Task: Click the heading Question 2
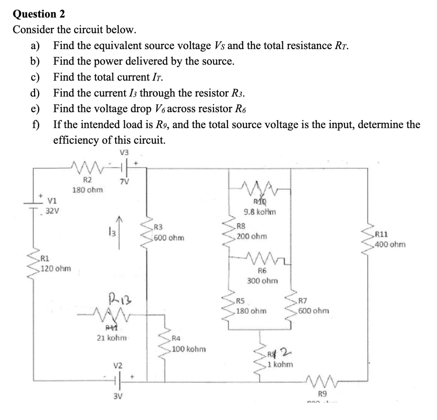point(39,14)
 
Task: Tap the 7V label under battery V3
point(124,182)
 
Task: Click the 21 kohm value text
point(111,338)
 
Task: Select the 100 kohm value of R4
point(189,349)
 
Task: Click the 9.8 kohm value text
point(259,212)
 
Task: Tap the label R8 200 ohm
point(252,231)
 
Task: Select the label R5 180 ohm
point(251,306)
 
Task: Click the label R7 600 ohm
point(313,306)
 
